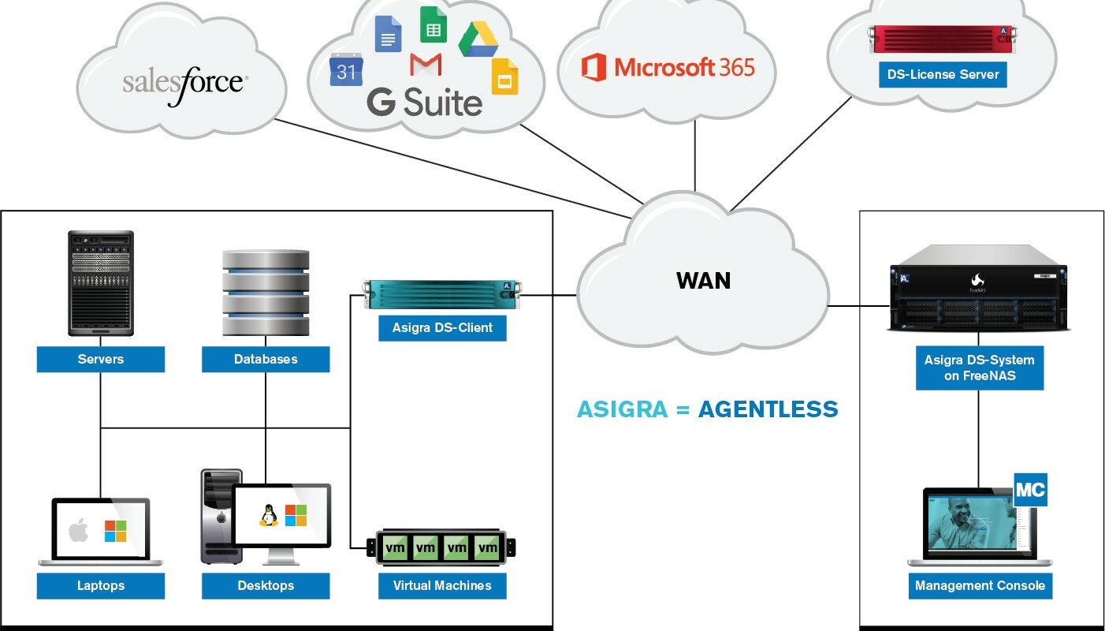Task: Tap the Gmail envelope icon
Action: pos(426,65)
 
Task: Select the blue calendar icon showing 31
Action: pos(346,69)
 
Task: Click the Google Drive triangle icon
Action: pos(478,39)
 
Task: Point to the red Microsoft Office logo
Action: pos(593,67)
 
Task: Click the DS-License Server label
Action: pos(943,75)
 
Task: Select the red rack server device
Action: pos(942,39)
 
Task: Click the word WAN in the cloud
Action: pos(703,281)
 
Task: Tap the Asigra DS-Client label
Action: pos(442,328)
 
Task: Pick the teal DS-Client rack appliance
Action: pos(442,294)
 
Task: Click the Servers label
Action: pos(101,359)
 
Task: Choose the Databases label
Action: pos(266,359)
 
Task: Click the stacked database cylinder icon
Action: pos(266,293)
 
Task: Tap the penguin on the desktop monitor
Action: pos(268,516)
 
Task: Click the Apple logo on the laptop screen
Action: pos(79,530)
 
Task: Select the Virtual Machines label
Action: pos(442,585)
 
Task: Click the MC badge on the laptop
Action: pos(1030,490)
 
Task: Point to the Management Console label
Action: pos(980,585)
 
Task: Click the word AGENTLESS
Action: pos(768,409)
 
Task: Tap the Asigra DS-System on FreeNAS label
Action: pos(980,368)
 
